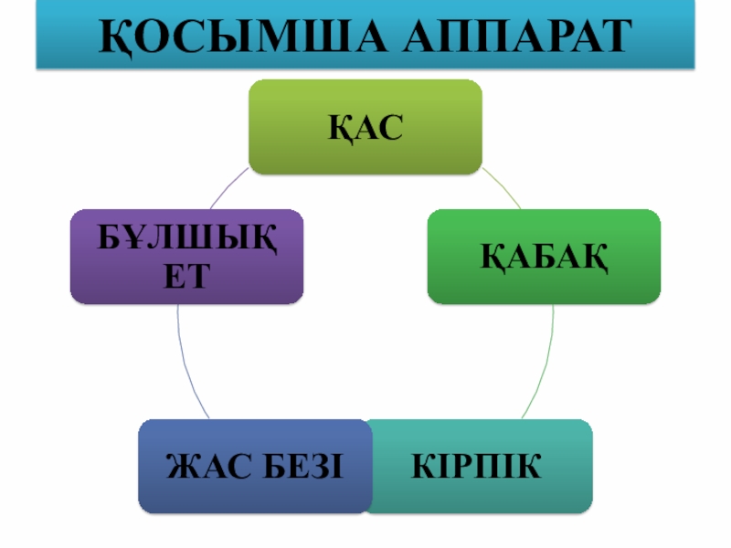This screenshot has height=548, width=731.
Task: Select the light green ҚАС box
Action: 365,126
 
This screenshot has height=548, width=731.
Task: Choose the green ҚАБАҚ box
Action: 545,256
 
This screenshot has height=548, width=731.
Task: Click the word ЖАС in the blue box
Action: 207,467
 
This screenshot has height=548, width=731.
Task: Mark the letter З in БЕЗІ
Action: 316,467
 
